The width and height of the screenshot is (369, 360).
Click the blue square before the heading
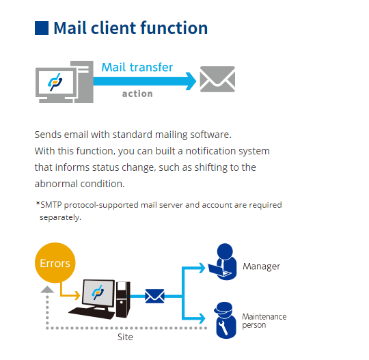[42, 28]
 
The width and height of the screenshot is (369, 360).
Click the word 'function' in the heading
[174, 28]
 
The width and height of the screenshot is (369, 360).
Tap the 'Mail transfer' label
[137, 68]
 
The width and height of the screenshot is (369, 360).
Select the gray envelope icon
[217, 79]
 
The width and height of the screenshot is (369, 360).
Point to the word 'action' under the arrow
[137, 94]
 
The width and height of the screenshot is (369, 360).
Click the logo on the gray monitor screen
[55, 82]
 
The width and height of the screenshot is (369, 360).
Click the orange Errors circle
[55, 263]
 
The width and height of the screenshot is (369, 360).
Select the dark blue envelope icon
[154, 296]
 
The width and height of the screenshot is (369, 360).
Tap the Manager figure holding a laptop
[223, 262]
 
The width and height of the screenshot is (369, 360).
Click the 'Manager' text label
[261, 266]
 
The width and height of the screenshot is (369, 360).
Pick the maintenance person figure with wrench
[225, 320]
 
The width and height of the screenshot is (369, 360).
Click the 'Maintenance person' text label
[264, 320]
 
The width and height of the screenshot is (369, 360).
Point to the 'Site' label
[125, 337]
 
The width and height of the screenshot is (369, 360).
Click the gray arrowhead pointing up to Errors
[47, 290]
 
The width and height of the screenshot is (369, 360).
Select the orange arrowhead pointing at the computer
[78, 295]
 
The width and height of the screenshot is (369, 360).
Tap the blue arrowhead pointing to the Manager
[202, 268]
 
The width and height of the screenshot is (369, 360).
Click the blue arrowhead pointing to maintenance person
[202, 318]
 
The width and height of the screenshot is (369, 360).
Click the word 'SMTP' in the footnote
[51, 205]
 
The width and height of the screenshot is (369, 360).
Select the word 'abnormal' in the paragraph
[56, 184]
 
